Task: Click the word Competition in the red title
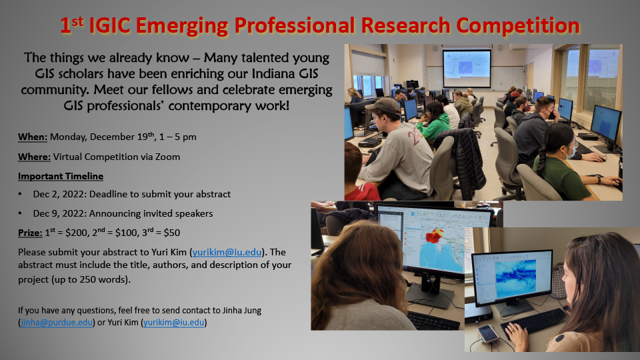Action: pos(518,25)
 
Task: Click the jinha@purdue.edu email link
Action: pos(57,323)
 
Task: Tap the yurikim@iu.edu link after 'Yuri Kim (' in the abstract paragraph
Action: pos(227,252)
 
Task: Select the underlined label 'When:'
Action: pos(33,137)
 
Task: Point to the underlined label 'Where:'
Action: pos(34,157)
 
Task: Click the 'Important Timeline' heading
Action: pos(61,176)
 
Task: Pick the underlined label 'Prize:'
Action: pos(30,233)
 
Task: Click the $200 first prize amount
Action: pos(76,233)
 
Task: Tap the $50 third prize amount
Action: pos(172,233)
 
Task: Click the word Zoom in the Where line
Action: pos(168,157)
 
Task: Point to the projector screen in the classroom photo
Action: pos(467,68)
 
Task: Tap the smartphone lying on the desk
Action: pos(488,334)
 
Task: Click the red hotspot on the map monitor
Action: pos(434,236)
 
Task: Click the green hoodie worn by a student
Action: pos(433,127)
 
